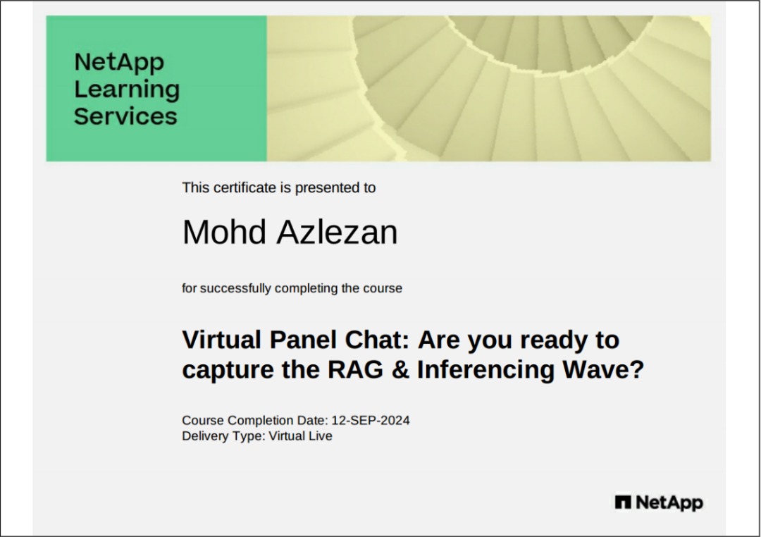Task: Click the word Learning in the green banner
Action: tap(127, 90)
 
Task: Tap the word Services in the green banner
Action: tap(125, 116)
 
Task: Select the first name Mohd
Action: tap(224, 232)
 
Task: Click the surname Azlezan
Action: tap(338, 232)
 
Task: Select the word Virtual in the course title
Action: tap(222, 340)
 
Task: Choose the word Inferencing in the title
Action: tap(485, 370)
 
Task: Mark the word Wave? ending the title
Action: tap(603, 369)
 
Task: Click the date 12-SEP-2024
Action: tap(371, 421)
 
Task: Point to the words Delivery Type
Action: tap(224, 436)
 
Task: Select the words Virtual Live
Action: tap(300, 436)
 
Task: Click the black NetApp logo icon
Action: tap(623, 502)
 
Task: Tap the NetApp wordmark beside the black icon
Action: tap(669, 503)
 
